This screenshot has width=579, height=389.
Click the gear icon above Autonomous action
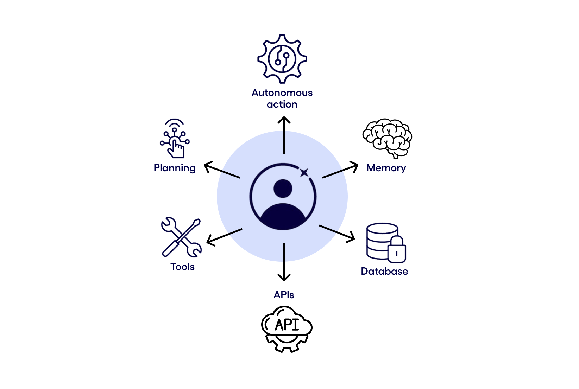coord(282,59)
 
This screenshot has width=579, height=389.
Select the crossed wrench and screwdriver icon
coord(181,237)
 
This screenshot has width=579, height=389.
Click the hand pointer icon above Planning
coord(175,139)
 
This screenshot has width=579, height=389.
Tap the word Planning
coord(175,168)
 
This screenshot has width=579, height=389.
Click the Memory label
coord(386,168)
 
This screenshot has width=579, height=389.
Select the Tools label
coord(182,267)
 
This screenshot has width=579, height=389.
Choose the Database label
coord(384,271)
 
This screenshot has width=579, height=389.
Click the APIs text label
coord(284,295)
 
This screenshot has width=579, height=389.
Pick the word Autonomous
coord(282,93)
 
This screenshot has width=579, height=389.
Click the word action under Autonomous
coord(282,104)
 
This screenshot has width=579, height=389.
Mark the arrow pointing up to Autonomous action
coord(284,135)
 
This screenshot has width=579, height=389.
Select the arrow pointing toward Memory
coord(340,170)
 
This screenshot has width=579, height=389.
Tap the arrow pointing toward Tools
coord(224,236)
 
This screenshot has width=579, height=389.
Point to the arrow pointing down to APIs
coord(284,262)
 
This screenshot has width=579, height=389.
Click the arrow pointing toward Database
coord(337,233)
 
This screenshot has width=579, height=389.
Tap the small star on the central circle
coord(304,173)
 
